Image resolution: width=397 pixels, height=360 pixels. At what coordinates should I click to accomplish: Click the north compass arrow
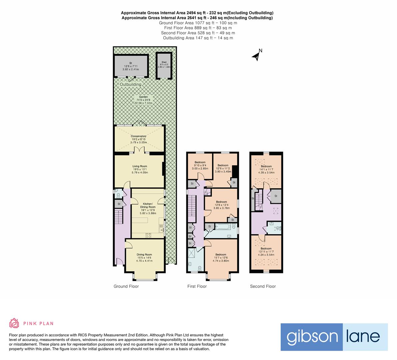[x=257, y=56]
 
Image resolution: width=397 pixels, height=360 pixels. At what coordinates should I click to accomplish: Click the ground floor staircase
[x=119, y=216]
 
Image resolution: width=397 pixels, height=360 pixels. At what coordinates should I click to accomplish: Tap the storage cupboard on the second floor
[x=276, y=196]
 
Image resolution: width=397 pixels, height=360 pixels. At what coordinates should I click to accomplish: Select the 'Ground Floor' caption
[x=126, y=286]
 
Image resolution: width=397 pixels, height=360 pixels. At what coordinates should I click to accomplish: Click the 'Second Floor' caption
[x=263, y=286]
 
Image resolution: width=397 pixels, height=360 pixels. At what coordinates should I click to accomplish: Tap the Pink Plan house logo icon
[x=14, y=323]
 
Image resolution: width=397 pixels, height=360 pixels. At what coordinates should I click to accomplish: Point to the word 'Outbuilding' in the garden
[x=131, y=85]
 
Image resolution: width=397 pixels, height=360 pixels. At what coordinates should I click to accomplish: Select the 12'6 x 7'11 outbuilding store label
[x=131, y=66]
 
